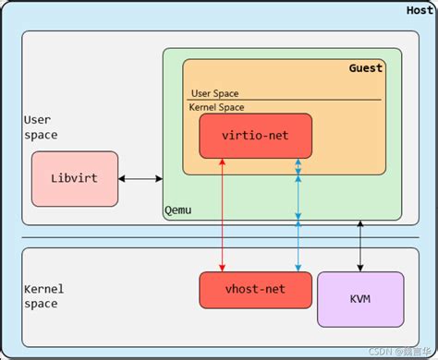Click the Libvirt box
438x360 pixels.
point(75,179)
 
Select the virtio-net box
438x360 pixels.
point(255,137)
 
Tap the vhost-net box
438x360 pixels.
point(254,290)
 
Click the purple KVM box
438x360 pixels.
point(360,299)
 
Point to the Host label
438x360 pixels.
point(420,10)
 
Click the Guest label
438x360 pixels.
point(365,68)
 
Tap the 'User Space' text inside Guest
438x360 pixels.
point(215,92)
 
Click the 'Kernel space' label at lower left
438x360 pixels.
point(43,296)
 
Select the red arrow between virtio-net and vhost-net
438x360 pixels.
point(223,217)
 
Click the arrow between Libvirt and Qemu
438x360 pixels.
point(140,179)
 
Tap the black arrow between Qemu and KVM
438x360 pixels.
point(360,246)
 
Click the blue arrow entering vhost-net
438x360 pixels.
point(298,249)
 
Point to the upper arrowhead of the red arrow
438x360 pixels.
point(223,163)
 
